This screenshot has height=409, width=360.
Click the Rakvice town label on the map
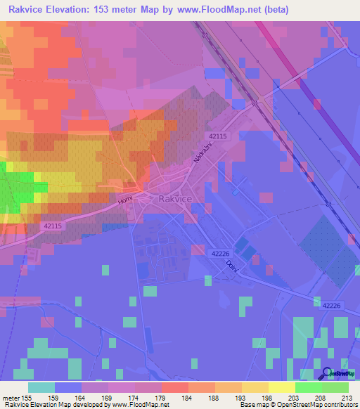(176, 200)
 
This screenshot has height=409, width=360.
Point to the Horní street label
(126, 203)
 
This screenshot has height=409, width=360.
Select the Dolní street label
(230, 266)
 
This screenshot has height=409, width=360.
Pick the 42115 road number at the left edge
(52, 226)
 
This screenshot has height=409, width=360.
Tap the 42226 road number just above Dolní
(219, 253)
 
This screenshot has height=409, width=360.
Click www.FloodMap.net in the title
(219, 11)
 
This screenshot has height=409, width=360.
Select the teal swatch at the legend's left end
(41, 387)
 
